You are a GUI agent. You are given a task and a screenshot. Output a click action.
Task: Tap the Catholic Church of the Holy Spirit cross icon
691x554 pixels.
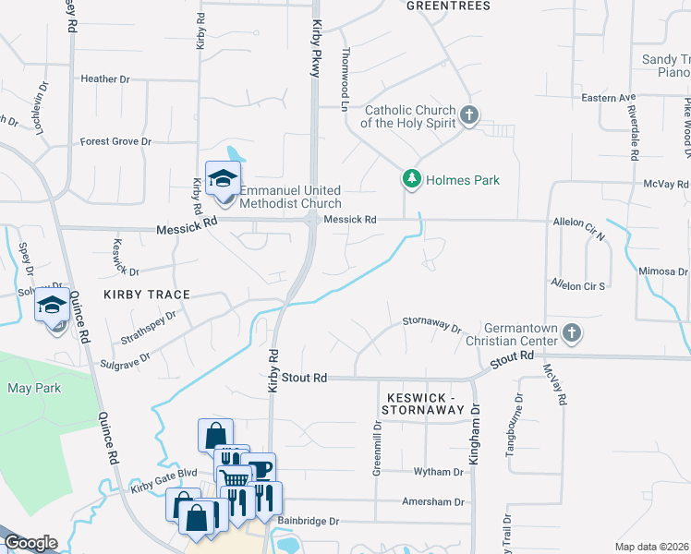tap(469, 115)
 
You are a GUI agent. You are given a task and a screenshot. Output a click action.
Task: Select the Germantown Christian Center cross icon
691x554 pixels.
tap(572, 332)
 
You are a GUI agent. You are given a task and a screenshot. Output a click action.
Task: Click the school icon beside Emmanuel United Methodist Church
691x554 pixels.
tap(222, 180)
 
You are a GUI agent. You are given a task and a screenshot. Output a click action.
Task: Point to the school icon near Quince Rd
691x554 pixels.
tap(53, 306)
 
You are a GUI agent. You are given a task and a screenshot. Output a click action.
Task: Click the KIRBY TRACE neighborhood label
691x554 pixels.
tap(147, 295)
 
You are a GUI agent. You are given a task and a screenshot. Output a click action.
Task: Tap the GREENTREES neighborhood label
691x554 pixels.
tap(448, 6)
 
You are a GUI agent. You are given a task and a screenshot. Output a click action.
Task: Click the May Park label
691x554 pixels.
tap(34, 388)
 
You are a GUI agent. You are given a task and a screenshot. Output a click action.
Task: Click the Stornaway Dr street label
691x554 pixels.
tap(430, 324)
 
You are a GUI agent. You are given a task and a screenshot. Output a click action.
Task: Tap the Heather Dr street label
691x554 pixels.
tap(104, 79)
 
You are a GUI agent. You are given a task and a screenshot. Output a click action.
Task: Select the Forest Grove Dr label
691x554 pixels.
tap(115, 141)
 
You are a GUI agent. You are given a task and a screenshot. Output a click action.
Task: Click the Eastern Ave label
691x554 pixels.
tap(609, 97)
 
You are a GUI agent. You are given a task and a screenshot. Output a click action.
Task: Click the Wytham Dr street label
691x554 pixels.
tap(439, 472)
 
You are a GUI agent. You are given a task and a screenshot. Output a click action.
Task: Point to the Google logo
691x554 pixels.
tap(30, 543)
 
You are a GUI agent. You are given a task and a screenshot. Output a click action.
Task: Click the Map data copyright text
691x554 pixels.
tap(652, 547)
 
